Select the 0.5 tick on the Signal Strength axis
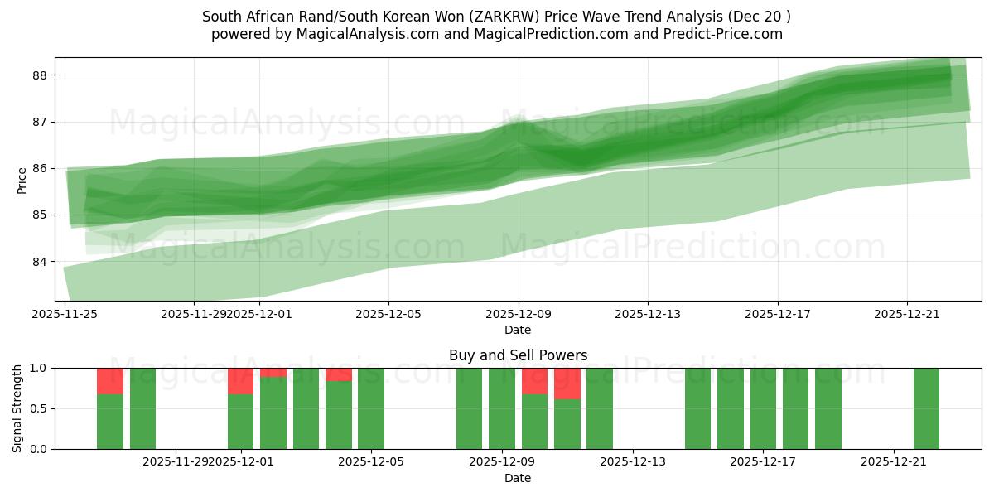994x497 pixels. tap(39, 408)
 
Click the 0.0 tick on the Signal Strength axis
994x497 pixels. tap(39, 449)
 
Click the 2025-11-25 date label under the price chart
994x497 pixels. tap(65, 314)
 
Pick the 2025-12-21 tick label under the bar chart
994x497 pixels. tap(894, 462)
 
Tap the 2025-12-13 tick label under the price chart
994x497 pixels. tap(648, 314)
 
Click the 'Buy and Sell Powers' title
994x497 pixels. tap(518, 355)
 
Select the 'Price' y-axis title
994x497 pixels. tap(22, 180)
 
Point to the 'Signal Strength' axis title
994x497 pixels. tap(17, 408)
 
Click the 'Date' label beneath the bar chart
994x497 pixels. tap(518, 478)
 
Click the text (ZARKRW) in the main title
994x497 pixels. tap(610, 17)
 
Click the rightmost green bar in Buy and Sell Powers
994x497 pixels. tap(926, 408)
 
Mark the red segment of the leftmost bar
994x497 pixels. tap(110, 381)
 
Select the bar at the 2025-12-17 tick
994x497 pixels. tap(763, 408)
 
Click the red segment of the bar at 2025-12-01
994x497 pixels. tap(240, 381)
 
